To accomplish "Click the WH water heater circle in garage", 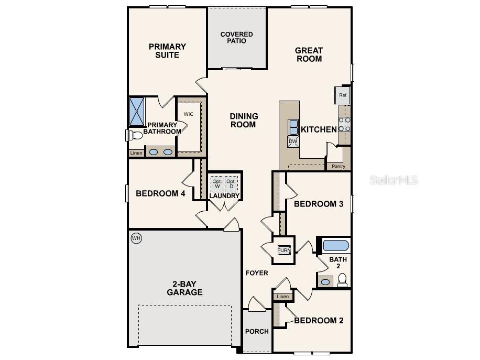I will [136, 238].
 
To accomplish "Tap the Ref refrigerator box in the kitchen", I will [343, 95].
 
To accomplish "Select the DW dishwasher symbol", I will [293, 141].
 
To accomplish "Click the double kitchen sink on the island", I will [293, 127].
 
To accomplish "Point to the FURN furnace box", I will [284, 250].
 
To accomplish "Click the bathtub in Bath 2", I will [336, 245].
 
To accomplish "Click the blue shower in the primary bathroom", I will [137, 111].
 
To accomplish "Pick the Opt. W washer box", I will [217, 184].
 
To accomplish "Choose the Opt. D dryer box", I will [231, 184].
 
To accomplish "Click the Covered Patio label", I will [236, 38].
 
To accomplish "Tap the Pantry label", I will [339, 166].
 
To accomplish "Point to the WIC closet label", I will [189, 114].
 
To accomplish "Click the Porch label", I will [257, 331].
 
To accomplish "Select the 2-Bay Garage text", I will [184, 288].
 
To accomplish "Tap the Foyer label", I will [257, 273].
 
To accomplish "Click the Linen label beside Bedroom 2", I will [282, 297].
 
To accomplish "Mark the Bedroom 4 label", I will [160, 193].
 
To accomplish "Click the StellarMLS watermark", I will [394, 180].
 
